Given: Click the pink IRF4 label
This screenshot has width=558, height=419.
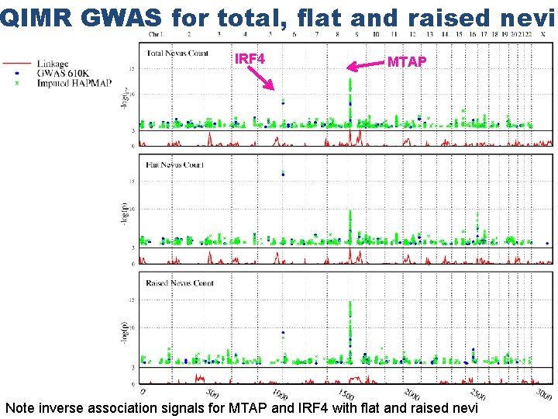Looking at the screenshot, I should pos(250,59).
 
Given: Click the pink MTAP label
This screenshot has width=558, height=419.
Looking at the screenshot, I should pos(406,62).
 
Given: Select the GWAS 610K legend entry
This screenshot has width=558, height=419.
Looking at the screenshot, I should pos(62,73).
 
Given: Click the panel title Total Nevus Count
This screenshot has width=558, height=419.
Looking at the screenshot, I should pos(177,51).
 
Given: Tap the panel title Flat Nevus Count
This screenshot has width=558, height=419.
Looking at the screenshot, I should pos(175,164).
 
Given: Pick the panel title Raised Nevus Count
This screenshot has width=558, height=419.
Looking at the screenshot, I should pos(180,283).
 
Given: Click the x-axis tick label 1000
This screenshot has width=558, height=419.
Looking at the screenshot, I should pos(281,393).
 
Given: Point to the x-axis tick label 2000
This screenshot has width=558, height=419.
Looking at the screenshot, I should pos(412,393).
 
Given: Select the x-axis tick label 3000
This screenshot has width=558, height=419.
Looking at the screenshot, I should pos(543,393).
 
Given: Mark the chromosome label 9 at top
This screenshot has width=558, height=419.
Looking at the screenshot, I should pos(356,34).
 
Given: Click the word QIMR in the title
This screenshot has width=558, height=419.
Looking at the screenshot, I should pos(28,17).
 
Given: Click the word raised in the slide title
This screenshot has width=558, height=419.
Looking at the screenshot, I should pos(439,17).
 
